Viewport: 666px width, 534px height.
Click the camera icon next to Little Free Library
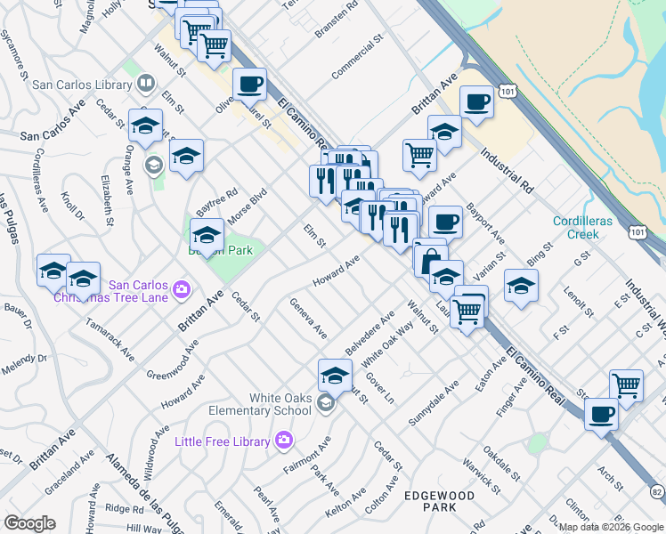[283, 441]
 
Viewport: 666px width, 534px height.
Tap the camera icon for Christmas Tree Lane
[181, 289]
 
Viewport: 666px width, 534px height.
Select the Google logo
[30, 523]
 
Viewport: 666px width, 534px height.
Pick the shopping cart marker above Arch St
[627, 384]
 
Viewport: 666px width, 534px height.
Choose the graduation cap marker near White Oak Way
[335, 374]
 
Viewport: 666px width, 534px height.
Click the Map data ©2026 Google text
[611, 527]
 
